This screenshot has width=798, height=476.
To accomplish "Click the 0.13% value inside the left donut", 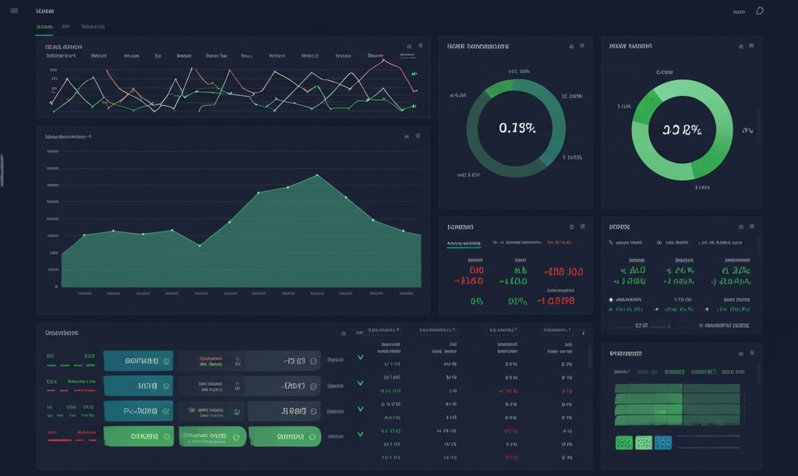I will coord(516,129).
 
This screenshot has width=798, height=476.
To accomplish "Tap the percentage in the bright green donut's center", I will coord(683,130).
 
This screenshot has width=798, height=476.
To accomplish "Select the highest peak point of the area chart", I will coord(317,175).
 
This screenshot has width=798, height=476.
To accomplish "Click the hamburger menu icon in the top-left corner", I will coord(14,11).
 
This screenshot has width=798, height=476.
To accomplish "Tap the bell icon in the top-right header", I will coord(760,11).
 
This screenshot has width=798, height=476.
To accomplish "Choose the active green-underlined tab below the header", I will coord(44,27).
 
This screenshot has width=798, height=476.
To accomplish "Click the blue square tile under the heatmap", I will coord(662,443).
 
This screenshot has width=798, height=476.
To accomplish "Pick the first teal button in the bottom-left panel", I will coord(137,361).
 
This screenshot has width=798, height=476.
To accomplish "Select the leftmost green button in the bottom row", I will coord(137,436).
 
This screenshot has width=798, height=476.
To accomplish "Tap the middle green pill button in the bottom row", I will coord(212,436).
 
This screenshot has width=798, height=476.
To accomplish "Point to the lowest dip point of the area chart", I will coord(200,245).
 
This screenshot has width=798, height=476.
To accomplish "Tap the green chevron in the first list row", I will coord(360,358).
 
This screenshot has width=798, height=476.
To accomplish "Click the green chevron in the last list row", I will coord(360,434).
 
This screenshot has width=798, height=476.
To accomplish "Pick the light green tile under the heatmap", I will coord(643,443).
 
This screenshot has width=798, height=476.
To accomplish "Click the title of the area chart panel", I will coord(69,136).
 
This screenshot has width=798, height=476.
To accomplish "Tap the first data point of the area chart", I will coord(84,234).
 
